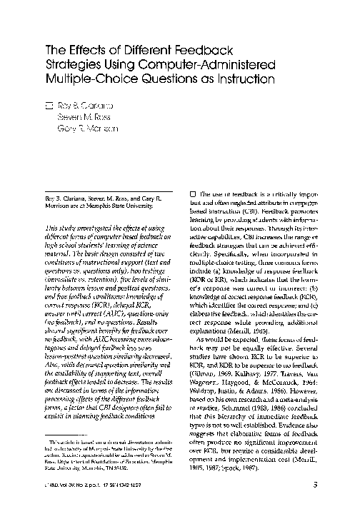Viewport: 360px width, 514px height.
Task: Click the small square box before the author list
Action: point(49,105)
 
